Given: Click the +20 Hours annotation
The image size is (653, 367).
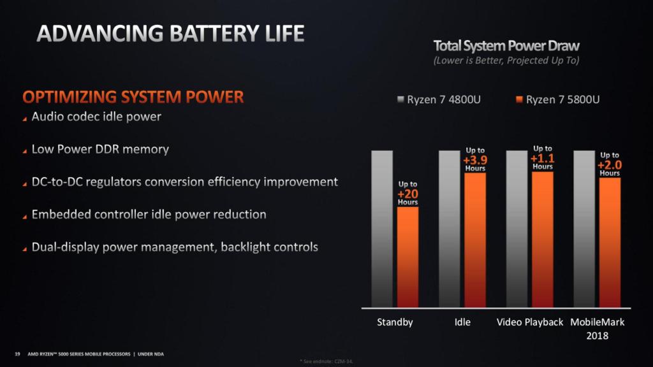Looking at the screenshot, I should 408,193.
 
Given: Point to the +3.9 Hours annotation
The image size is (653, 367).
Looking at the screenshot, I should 475,159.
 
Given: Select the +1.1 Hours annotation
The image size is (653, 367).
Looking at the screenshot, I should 543,157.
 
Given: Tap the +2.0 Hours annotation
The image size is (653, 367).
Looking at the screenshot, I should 610,164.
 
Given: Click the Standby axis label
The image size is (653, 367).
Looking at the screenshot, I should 395,322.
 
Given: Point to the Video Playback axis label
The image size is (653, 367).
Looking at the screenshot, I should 530,322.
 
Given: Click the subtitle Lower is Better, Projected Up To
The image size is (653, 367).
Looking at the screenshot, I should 506,61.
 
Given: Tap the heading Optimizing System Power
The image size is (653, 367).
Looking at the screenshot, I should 133,97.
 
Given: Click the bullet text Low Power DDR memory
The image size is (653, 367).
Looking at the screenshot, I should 100,150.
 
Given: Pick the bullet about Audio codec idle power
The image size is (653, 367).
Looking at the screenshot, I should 96,117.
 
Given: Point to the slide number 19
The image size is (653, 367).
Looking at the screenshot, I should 17,353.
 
